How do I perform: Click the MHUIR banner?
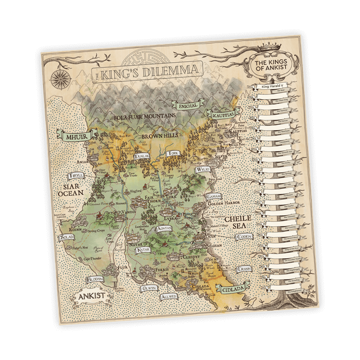[74, 135]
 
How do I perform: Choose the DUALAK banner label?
[142, 157]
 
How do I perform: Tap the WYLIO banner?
[202, 170]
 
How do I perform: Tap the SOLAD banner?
[67, 237]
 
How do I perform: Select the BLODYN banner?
[95, 279]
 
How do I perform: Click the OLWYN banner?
[149, 288]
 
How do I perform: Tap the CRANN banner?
[255, 269]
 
